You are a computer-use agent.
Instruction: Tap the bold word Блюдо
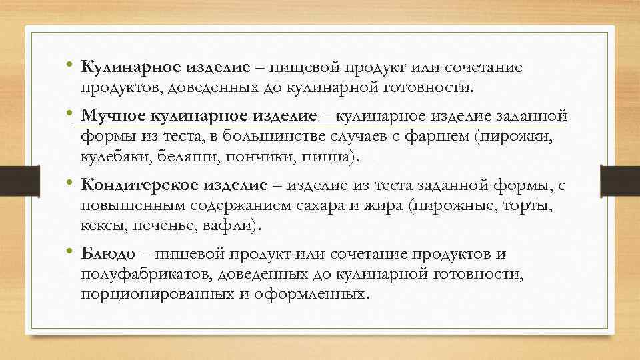pos(108,254)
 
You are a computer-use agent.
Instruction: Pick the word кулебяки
pos(117,157)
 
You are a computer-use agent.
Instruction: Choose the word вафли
pos(232,226)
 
